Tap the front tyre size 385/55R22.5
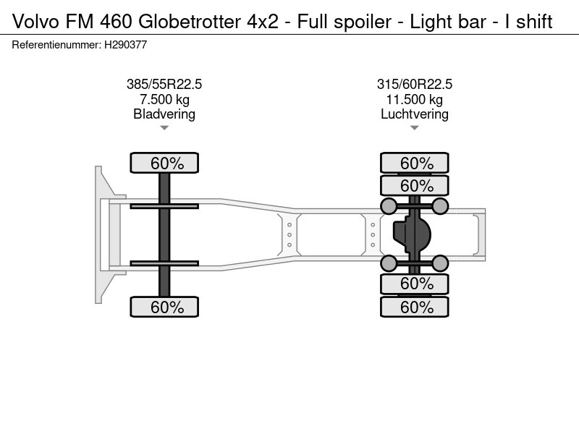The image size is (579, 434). click(x=164, y=85)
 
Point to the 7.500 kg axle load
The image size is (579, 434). click(x=164, y=99)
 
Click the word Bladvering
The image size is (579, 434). click(x=164, y=114)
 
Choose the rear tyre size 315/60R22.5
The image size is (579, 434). click(x=415, y=85)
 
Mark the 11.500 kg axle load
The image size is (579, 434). click(x=415, y=99)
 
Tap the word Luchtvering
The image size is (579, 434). click(x=415, y=114)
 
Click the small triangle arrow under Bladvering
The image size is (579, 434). click(x=164, y=128)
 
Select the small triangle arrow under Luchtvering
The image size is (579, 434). click(x=415, y=128)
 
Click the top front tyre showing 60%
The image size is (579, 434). click(x=164, y=163)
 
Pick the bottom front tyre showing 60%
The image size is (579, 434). click(x=164, y=307)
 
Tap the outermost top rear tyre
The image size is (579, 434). click(x=415, y=163)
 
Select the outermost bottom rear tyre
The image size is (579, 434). click(x=415, y=307)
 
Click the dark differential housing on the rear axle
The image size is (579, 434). click(x=412, y=234)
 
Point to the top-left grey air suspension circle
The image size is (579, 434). click(x=389, y=207)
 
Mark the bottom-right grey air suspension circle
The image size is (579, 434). click(x=441, y=262)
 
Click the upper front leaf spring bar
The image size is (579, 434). click(x=164, y=206)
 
